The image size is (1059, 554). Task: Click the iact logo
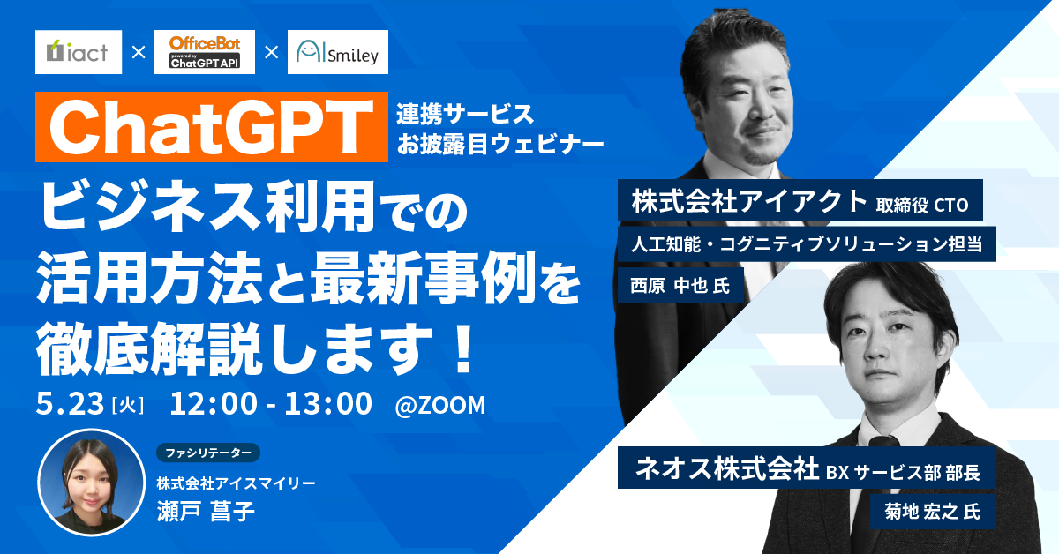pos(78,53)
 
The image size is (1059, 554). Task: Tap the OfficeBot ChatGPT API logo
pos(205,53)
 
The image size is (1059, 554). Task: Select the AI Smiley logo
pos(338,54)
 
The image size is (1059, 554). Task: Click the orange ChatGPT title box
pos(212,129)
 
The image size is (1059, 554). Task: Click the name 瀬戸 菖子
pos(206,513)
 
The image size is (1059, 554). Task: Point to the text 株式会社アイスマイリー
pos(236,483)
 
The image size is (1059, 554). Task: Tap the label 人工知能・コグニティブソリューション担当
pos(807,243)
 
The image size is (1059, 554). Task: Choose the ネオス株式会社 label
pos(725,470)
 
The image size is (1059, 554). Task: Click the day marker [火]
pos(129,405)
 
